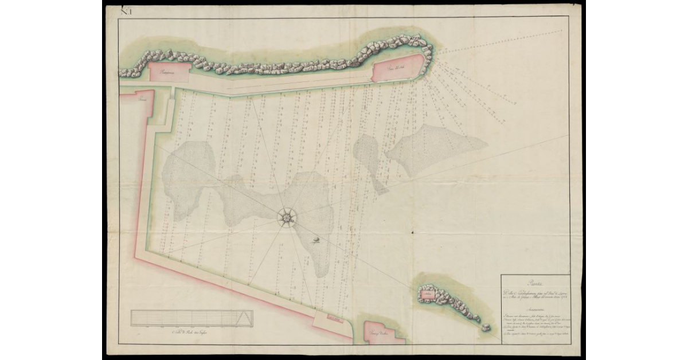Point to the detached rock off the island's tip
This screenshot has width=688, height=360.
tap(486, 326)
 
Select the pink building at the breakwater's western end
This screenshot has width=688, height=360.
tap(169, 72)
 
